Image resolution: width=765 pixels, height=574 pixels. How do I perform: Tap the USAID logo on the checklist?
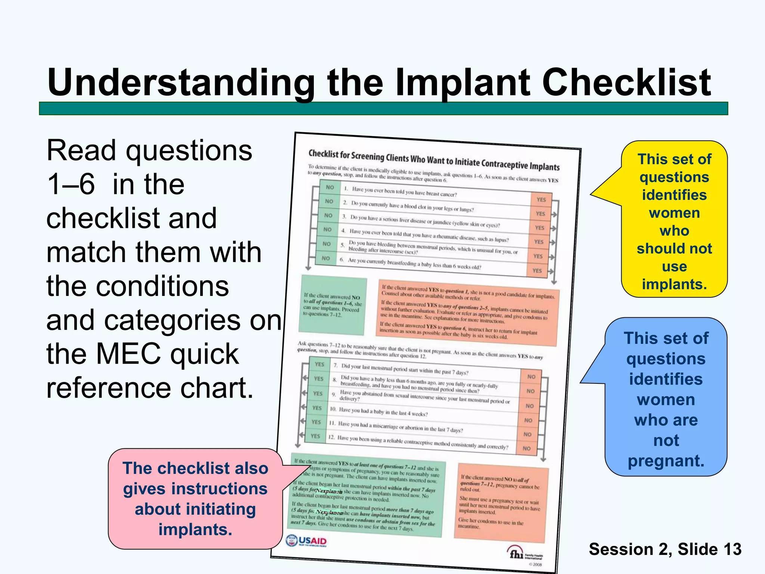click(x=306, y=541)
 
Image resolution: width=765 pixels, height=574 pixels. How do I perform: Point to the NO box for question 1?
click(x=330, y=187)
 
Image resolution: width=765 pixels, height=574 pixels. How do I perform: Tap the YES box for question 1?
click(x=541, y=200)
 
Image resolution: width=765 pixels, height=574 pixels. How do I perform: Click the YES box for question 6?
click(x=537, y=271)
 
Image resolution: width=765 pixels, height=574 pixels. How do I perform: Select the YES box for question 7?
click(x=319, y=364)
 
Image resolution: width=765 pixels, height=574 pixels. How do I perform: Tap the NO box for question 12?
click(x=526, y=448)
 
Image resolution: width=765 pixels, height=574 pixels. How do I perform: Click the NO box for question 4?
click(x=327, y=229)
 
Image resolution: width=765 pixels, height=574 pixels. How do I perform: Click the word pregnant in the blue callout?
click(x=666, y=461)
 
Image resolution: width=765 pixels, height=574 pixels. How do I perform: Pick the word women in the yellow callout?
click(x=674, y=213)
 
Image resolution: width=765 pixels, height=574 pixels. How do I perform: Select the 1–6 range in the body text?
click(x=71, y=184)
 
